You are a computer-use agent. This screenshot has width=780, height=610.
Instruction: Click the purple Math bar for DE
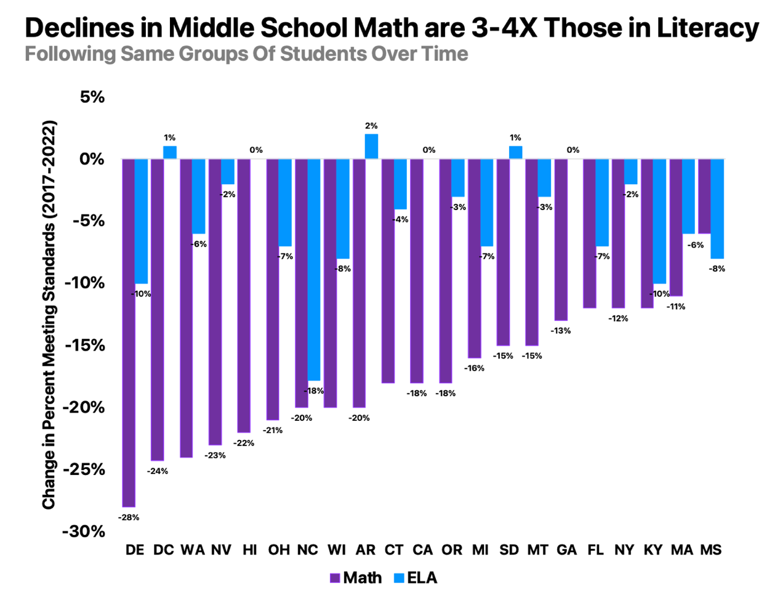click(x=129, y=333)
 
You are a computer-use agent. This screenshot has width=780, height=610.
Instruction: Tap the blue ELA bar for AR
click(x=371, y=147)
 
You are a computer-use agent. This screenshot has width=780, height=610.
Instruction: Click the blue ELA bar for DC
click(x=170, y=153)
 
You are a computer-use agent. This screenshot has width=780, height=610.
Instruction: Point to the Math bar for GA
click(x=561, y=240)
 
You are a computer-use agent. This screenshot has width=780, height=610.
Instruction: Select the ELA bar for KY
click(x=659, y=221)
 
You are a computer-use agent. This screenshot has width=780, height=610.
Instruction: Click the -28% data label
click(x=129, y=518)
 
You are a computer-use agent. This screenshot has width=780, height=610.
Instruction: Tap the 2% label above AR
click(x=371, y=126)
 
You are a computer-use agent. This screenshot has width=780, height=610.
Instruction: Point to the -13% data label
click(x=560, y=331)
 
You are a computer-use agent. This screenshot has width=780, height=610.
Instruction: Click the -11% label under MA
click(x=675, y=306)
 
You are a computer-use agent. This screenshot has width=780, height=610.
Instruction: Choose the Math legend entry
click(x=356, y=578)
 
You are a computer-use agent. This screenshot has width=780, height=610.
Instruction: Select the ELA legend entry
click(x=416, y=578)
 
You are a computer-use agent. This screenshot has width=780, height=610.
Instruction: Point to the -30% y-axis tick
click(x=84, y=531)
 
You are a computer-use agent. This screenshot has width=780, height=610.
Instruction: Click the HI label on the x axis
click(x=250, y=550)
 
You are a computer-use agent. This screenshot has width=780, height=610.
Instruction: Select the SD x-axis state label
click(x=509, y=550)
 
